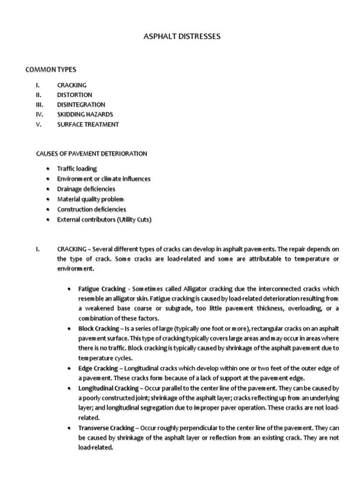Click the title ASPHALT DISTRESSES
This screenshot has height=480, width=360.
click(180, 36)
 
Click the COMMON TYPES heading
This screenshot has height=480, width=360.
click(51, 70)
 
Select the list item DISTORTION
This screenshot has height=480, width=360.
click(75, 95)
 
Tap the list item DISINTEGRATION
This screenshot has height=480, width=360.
click(81, 105)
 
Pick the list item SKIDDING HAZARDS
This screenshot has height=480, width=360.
click(85, 114)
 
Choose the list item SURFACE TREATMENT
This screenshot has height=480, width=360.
click(88, 124)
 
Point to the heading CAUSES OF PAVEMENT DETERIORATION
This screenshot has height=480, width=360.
click(91, 154)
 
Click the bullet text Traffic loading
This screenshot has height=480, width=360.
click(77, 169)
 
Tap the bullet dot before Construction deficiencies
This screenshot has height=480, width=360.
click(50, 210)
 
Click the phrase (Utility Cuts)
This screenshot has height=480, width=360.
click(135, 219)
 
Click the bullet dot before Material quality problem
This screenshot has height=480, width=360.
click(50, 199)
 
